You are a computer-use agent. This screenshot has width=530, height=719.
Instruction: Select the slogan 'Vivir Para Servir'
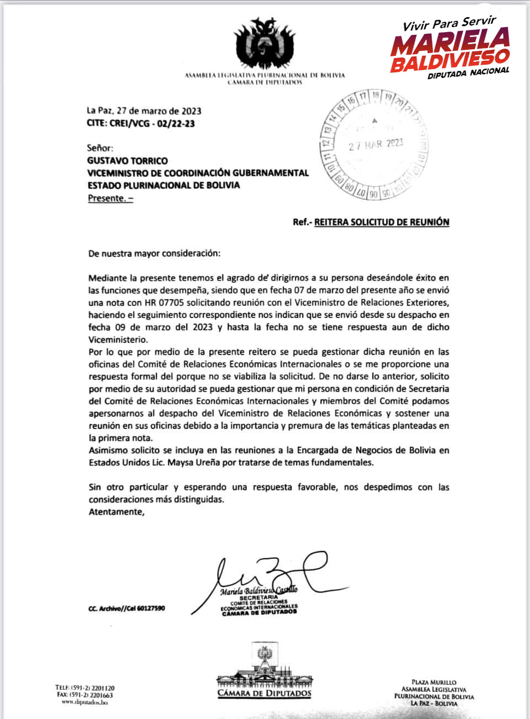point(449,24)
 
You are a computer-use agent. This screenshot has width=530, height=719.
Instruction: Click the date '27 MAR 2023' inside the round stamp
point(375,145)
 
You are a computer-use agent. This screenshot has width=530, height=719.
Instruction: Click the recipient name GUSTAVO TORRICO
point(128,161)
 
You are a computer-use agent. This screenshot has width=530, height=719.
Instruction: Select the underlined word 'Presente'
point(107,198)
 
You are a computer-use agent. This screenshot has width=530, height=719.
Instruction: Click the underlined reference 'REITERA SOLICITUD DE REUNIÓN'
point(381,222)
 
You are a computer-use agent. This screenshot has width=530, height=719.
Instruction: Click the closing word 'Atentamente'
point(116,512)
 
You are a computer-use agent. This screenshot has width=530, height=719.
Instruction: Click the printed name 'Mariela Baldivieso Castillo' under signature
point(258,590)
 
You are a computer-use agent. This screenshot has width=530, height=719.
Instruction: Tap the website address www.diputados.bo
point(84,702)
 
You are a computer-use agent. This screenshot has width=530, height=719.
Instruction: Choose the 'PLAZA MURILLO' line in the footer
point(434,683)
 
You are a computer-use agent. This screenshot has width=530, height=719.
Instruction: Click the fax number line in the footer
point(85,695)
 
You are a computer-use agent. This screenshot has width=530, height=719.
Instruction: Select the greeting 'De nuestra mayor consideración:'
point(154,253)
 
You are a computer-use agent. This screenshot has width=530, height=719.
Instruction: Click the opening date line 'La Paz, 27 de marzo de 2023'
point(144,111)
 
